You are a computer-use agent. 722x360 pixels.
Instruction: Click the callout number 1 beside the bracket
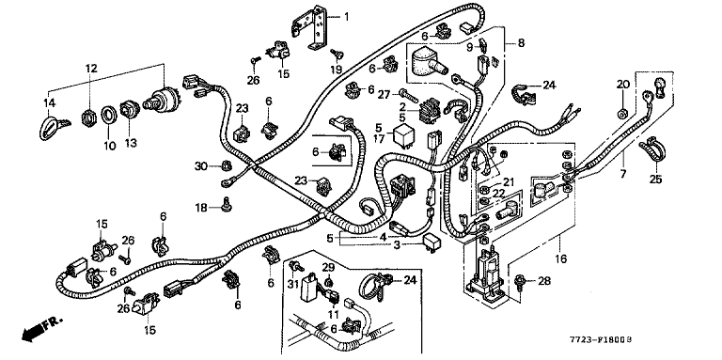pyautogui.click(x=346, y=18)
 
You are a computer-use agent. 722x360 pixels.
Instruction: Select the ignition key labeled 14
pyautogui.click(x=52, y=127)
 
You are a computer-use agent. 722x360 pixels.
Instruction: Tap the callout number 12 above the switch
pyautogui.click(x=91, y=69)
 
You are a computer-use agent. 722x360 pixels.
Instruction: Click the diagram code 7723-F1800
pyautogui.click(x=598, y=340)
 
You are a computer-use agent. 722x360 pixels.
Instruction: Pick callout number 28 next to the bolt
pyautogui.click(x=544, y=281)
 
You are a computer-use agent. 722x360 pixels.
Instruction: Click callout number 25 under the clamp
pyautogui.click(x=655, y=179)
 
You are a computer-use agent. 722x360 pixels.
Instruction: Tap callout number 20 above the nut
pyautogui.click(x=623, y=85)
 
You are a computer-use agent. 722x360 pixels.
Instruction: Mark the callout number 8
pyautogui.click(x=521, y=43)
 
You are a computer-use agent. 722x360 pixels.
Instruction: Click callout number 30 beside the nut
pyautogui.click(x=201, y=166)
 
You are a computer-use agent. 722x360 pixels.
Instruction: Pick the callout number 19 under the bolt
pyautogui.click(x=337, y=70)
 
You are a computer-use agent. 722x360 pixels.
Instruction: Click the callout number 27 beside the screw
pyautogui.click(x=385, y=95)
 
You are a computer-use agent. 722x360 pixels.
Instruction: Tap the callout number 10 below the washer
pyautogui.click(x=109, y=146)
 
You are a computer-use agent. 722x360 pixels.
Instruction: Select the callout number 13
pyautogui.click(x=131, y=143)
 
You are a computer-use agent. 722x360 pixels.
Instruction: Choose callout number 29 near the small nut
pyautogui.click(x=327, y=268)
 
